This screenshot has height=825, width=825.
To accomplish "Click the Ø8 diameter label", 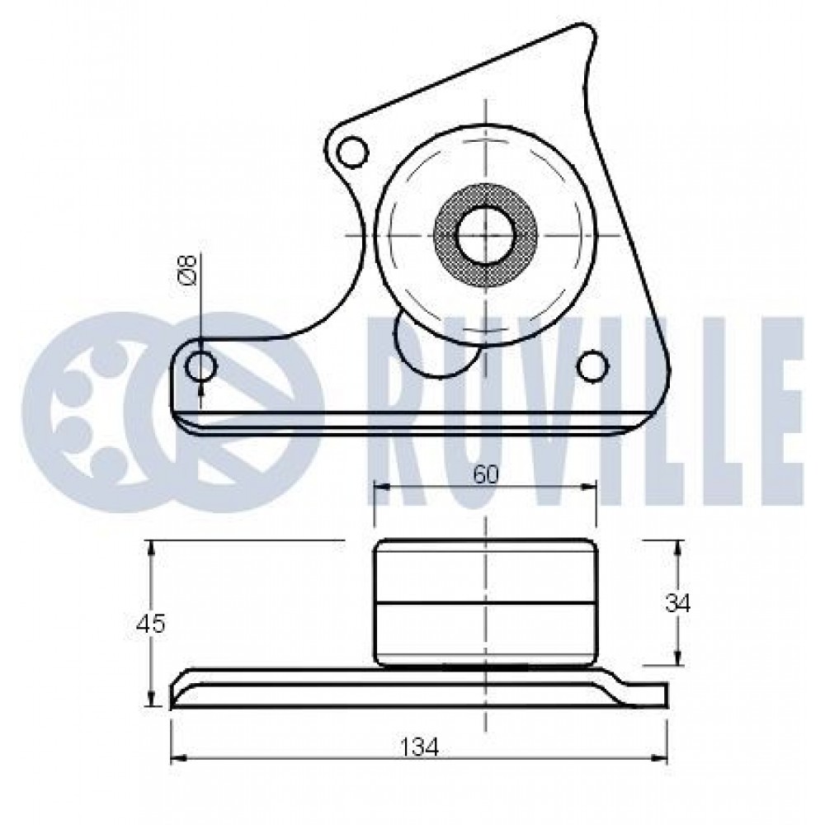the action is (x=188, y=270).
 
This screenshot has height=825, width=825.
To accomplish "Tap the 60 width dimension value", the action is (x=484, y=475).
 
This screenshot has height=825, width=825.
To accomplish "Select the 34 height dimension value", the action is (x=677, y=605).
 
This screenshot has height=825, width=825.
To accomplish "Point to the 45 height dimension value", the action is (x=150, y=625).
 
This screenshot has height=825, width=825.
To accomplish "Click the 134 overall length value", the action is (x=420, y=747).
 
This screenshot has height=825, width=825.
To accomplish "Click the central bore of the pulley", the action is (x=484, y=234).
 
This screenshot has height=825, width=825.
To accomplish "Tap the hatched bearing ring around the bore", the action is (x=484, y=234).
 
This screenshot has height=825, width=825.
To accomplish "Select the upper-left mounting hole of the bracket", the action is (x=351, y=152).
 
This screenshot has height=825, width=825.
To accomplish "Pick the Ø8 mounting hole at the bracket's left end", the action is (x=201, y=365).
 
